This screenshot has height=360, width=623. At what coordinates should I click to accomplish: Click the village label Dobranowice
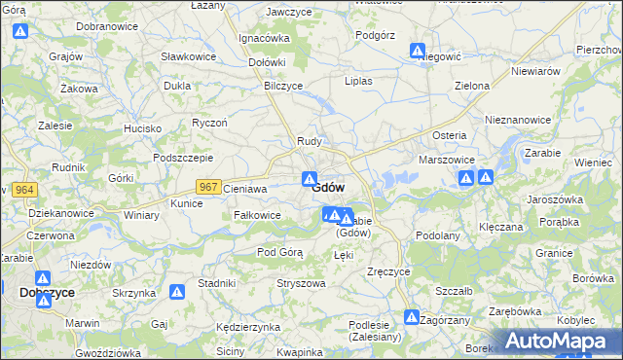(x=104, y=24)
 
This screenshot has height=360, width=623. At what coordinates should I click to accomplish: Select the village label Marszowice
(x=446, y=159)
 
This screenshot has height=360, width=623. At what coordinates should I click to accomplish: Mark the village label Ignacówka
(x=264, y=38)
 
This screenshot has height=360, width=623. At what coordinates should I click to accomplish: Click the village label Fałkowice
(x=258, y=215)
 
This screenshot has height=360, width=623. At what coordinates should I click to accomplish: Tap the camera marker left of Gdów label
(x=309, y=180)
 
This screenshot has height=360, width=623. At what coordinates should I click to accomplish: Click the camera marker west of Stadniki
(x=177, y=291)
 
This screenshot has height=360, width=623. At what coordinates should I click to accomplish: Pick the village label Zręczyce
(x=388, y=271)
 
